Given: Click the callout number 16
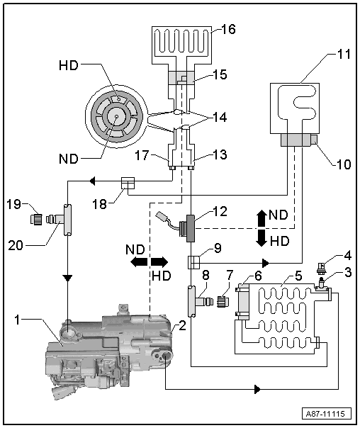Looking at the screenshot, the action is coord(228,29).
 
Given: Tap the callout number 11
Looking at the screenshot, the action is coord(344,54).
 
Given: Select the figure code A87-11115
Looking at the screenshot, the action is coord(325,414).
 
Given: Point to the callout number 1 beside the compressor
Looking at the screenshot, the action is coord(18,320).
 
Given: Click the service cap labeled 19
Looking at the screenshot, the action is coord(36,219).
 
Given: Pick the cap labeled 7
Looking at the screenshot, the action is coord(223,301).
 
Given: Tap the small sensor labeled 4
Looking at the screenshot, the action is coord(322,267).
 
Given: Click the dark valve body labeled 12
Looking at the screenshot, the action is coord(191,228).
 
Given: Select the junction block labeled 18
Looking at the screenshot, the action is coord(128,183).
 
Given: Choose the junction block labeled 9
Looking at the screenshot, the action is coord(193,262).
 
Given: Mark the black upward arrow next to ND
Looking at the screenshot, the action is coord(262,218).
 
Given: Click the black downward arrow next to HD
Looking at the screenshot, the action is coord(262,238).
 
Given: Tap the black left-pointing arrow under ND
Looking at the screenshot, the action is coord(139,263).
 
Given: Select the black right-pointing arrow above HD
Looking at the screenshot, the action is coord(160,263).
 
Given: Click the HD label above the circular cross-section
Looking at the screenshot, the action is coord(69,65).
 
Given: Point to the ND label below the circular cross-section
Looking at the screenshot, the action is coord(69,159).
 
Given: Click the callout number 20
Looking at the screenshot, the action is coord(16,245).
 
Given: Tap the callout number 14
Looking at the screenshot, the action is coord(220,118).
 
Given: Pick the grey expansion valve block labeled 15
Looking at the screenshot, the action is coord(181,78).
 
